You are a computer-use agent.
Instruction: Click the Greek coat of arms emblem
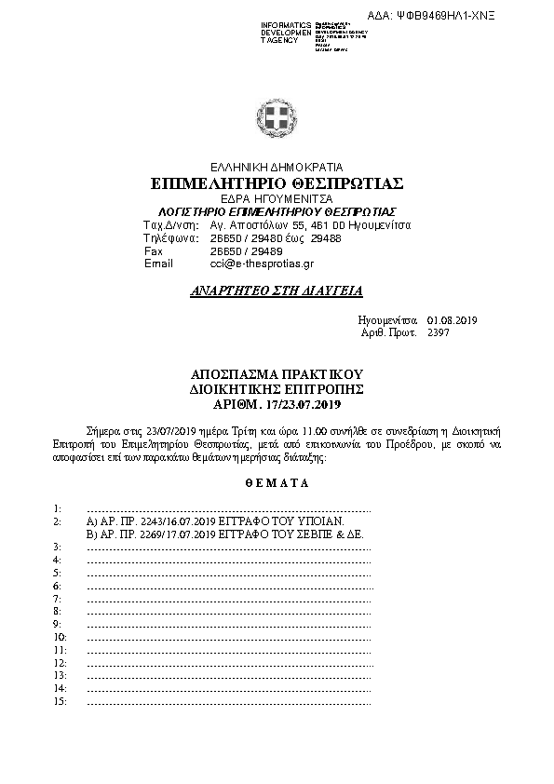(x=277, y=119)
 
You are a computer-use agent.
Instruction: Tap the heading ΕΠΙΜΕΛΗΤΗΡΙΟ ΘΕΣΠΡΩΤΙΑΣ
(x=277, y=183)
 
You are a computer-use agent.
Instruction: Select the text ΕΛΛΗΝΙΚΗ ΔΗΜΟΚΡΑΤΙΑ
(x=277, y=167)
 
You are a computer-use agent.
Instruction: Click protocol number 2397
(x=438, y=332)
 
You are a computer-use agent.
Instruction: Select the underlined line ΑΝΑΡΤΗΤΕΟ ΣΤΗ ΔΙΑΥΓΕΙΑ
(x=277, y=291)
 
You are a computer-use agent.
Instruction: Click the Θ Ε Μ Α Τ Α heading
(x=277, y=484)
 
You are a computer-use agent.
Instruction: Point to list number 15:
(x=59, y=701)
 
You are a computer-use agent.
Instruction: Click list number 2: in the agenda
(x=57, y=522)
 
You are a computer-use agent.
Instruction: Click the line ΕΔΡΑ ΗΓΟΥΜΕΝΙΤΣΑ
(x=277, y=199)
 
